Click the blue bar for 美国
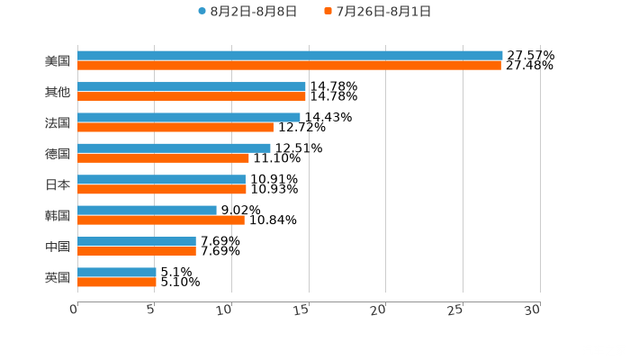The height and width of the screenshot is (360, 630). (x=290, y=56)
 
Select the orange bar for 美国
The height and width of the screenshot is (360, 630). (x=289, y=66)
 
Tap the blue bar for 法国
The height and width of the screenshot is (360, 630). (x=189, y=117)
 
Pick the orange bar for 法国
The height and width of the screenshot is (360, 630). (x=175, y=127)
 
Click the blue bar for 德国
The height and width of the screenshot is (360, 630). (x=174, y=148)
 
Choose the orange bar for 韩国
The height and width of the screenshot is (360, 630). (x=161, y=220)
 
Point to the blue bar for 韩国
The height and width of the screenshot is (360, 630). (x=147, y=210)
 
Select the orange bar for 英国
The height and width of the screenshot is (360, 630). (x=117, y=282)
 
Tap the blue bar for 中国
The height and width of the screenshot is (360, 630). (x=137, y=241)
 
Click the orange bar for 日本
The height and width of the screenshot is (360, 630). (x=162, y=189)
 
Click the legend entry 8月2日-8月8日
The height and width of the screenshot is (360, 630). (x=247, y=12)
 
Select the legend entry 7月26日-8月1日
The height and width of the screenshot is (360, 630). (x=378, y=12)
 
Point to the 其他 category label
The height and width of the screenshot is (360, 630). (x=58, y=92)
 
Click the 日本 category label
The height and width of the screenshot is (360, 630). (x=58, y=184)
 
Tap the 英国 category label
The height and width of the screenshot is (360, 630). (x=58, y=277)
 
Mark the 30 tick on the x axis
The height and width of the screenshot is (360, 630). (x=533, y=310)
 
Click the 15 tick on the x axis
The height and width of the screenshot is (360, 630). (x=302, y=310)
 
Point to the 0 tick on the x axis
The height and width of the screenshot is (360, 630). (x=75, y=310)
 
